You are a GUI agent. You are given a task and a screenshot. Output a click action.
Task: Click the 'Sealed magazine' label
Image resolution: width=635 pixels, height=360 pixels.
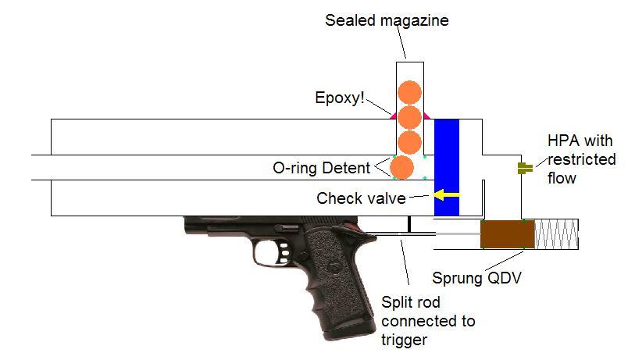tap(387, 20)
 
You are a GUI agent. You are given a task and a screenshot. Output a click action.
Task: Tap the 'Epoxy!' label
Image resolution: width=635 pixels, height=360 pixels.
tap(340, 98)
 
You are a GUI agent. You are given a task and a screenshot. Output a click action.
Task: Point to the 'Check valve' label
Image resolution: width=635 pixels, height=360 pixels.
tap(360, 198)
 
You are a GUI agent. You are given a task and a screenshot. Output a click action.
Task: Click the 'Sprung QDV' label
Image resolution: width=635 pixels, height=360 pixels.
tap(476, 277)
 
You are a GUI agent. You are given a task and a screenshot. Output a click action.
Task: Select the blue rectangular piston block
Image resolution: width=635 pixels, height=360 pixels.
tap(446, 167)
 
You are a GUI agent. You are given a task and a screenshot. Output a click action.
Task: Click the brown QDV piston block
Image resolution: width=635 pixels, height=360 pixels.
tap(508, 233)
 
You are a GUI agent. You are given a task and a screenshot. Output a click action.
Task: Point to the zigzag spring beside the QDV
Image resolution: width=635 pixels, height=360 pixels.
tap(556, 233)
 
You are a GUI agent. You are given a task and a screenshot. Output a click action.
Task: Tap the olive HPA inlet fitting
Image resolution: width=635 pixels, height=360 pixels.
tap(525, 167)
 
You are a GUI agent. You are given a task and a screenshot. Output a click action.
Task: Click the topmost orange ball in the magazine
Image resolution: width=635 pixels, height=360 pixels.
tap(409, 92)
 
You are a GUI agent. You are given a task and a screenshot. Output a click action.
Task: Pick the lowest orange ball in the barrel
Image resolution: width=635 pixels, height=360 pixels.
tap(401, 168)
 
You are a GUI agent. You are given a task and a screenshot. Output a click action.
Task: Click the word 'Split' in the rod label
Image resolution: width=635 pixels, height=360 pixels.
tap(395, 303)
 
